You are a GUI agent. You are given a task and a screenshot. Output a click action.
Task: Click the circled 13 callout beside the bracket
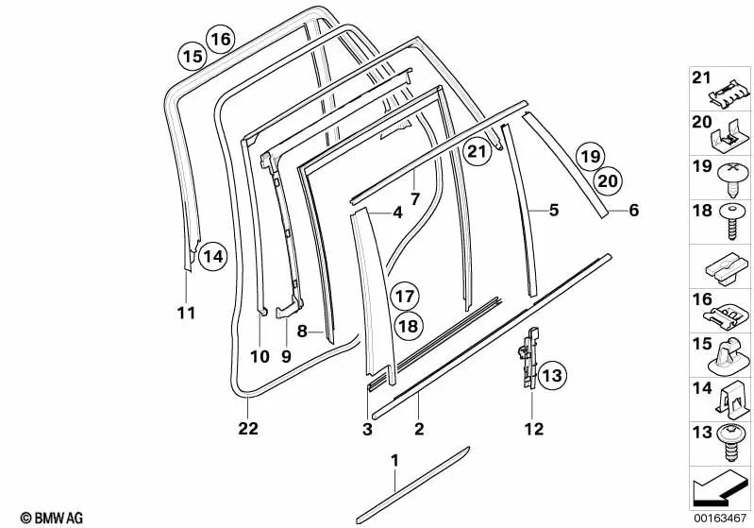(x=552, y=377)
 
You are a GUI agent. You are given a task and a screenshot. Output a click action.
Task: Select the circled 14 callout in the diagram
(x=213, y=255)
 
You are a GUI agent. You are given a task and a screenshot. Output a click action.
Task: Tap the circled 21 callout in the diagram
(x=478, y=150)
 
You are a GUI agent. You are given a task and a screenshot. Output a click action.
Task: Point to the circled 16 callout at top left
(x=220, y=40)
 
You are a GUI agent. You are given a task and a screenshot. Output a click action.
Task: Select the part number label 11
(x=187, y=312)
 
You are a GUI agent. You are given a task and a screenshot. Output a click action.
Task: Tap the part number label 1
(x=394, y=460)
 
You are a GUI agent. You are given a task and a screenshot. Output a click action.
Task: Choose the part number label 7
(x=414, y=199)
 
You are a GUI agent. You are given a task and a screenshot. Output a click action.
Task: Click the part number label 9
(x=287, y=356)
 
